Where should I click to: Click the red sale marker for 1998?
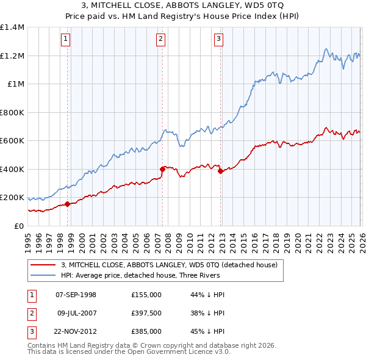pyautogui.click(x=68, y=204)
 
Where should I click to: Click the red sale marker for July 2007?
pyautogui.click(x=162, y=169)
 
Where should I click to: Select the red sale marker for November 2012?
pyautogui.click(x=220, y=171)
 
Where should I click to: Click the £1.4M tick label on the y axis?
pyautogui.click(x=12, y=27)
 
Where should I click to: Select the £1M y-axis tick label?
pyautogui.click(x=15, y=84)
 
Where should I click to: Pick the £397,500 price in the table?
pyautogui.click(x=146, y=314)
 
